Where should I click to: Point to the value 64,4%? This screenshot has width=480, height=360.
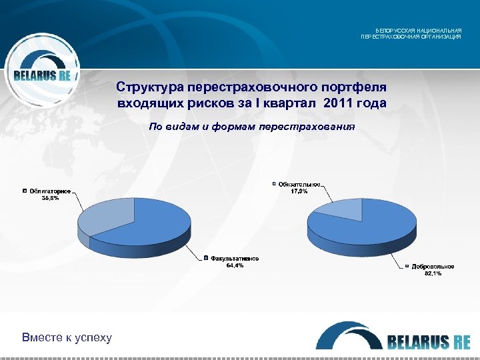pos(235,265)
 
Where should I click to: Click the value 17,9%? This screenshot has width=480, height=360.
pos(299,191)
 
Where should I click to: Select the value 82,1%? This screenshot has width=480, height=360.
pos(433,273)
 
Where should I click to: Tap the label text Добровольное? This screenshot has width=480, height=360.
pos(433,267)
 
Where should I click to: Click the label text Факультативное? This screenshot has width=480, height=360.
pos(235,259)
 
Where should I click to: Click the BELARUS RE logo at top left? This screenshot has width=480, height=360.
pos(41,75)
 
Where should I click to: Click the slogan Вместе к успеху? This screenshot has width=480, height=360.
pos(67,337)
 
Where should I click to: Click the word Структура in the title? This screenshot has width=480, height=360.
pos(150,88)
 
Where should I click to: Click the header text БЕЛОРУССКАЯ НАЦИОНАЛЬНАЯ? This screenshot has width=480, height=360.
pos(418,31)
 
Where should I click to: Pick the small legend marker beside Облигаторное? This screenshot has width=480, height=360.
pos(25,191)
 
